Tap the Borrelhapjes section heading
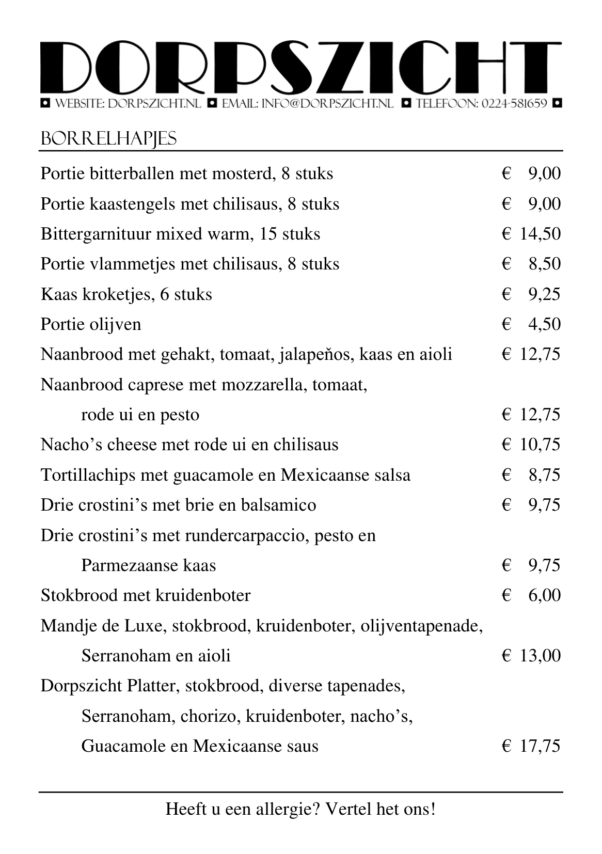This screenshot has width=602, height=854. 108,138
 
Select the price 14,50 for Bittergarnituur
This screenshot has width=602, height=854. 540,234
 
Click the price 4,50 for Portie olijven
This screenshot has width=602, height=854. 544,324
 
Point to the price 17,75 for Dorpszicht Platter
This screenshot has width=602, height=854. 540,746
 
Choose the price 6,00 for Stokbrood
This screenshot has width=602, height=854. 544,595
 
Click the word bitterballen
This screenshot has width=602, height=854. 131,173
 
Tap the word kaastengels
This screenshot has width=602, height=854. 132,204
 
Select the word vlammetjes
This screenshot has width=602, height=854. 131,264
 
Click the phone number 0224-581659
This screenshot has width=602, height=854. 514,104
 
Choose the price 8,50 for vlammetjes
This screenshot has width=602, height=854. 544,264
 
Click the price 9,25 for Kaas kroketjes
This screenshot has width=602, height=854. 544,294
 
